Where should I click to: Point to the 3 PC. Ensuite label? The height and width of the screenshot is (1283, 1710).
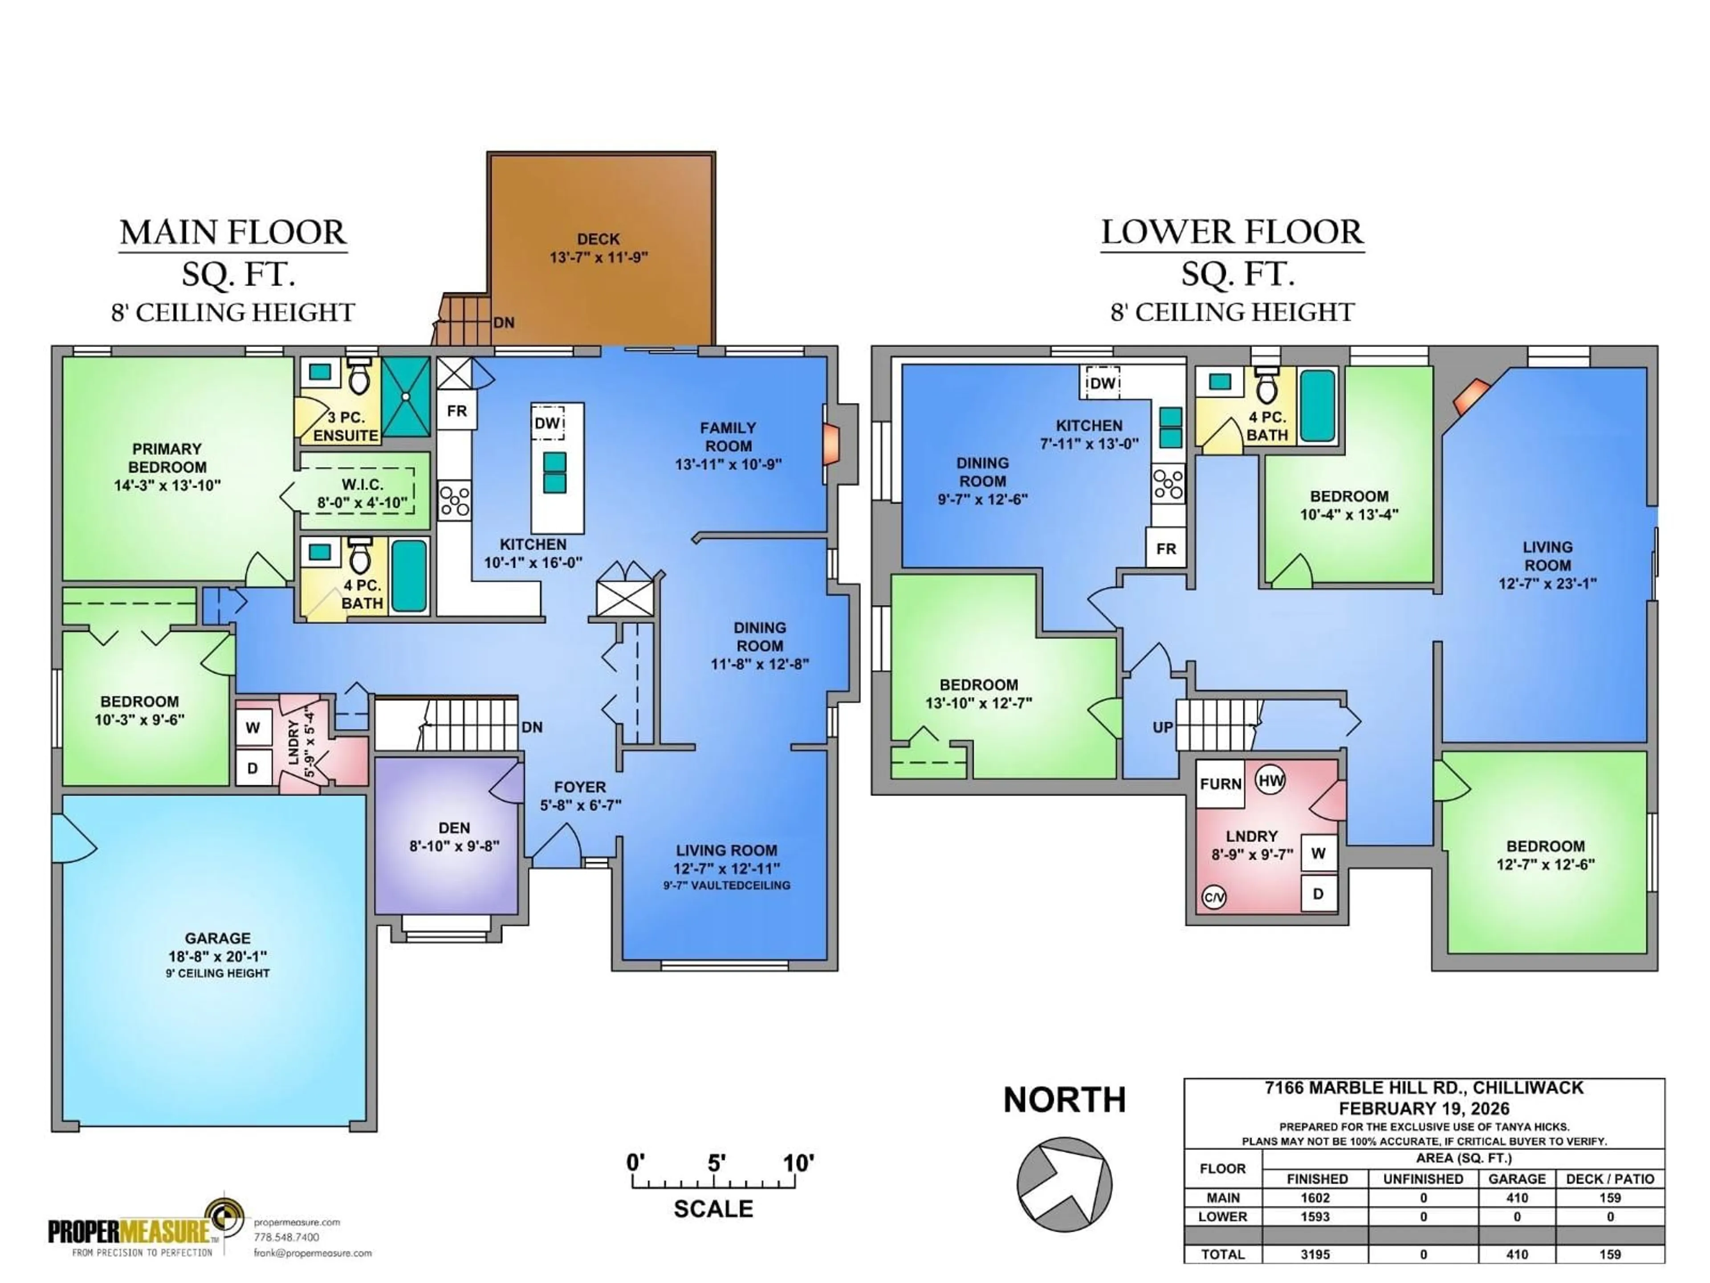click(346, 426)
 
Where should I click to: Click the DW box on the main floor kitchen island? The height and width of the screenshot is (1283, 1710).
click(547, 423)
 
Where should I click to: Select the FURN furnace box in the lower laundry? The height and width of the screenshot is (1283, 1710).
click(1221, 784)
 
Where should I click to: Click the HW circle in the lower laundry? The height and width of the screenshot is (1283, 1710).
click(1271, 780)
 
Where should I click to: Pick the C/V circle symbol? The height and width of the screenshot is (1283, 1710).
click(1213, 897)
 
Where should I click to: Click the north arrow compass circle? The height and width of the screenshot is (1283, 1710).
click(1064, 1184)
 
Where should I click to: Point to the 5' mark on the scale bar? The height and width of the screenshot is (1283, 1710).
click(716, 1163)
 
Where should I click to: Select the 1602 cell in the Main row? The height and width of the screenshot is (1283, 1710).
click(1315, 1198)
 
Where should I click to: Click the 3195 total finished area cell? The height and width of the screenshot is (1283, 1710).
click(1315, 1254)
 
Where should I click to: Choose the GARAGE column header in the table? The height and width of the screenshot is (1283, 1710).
click(1517, 1179)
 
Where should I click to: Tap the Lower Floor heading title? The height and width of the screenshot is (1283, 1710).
click(1232, 233)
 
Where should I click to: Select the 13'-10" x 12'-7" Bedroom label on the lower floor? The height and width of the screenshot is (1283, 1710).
click(979, 694)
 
